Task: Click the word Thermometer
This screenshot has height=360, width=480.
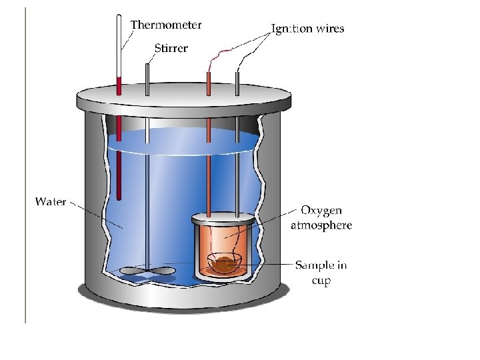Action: (x=165, y=25)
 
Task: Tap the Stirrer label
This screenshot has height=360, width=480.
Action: (x=171, y=48)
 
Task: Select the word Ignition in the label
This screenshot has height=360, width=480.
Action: (x=291, y=29)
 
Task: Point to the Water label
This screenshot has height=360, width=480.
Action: (x=50, y=201)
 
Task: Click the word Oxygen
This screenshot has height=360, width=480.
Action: (x=321, y=211)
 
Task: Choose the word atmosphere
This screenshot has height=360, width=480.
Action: (x=321, y=225)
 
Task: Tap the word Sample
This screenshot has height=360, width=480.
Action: (x=313, y=265)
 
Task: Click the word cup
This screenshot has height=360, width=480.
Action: (x=321, y=280)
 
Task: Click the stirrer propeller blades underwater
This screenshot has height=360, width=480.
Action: (x=147, y=271)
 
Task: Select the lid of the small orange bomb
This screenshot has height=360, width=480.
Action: (x=223, y=219)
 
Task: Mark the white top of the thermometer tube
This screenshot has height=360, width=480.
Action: (x=119, y=40)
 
